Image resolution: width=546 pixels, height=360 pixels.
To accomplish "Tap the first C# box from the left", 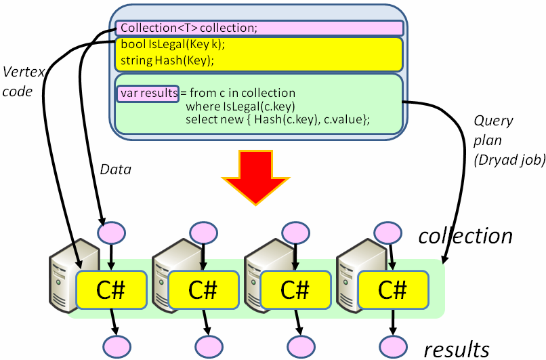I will (x=112, y=289).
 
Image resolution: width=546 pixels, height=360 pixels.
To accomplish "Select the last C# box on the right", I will (x=392, y=289).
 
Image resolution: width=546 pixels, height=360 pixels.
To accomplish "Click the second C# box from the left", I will (x=203, y=289).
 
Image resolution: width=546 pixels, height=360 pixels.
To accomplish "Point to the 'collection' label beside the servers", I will (x=465, y=236).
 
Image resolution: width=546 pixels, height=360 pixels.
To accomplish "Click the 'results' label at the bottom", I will (x=456, y=348).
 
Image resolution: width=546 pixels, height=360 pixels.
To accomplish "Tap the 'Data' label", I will (x=114, y=169).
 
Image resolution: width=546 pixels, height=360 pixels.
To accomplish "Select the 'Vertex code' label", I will (x=18, y=81).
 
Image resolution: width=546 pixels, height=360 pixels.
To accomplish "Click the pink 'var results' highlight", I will (x=148, y=93).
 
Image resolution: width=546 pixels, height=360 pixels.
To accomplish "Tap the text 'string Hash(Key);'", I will (x=167, y=61).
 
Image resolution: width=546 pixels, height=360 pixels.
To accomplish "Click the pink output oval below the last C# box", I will (x=392, y=346).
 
